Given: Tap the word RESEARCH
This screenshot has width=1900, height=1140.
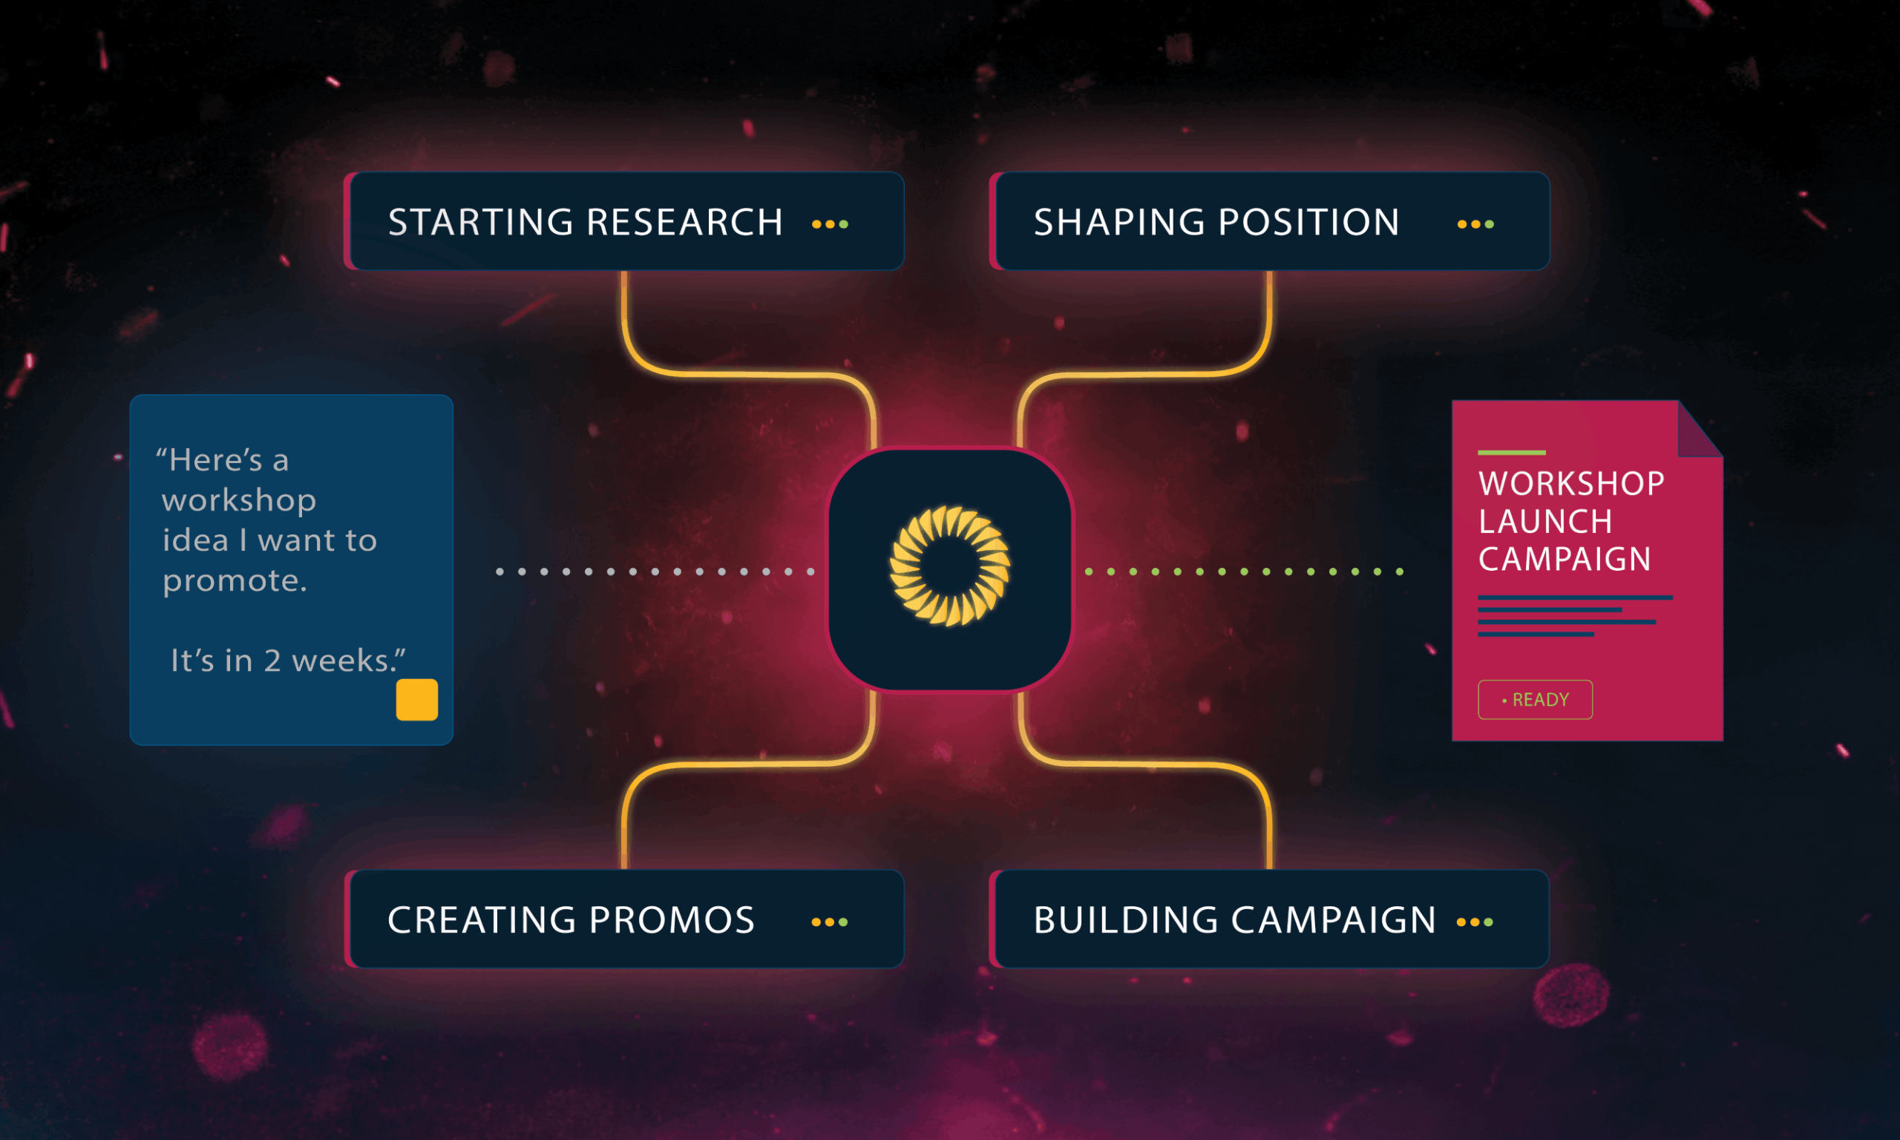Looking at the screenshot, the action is click(685, 222).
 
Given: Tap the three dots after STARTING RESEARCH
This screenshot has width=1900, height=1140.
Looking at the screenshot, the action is click(831, 224).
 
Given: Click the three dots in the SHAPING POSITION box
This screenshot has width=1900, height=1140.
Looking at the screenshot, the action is click(1475, 224).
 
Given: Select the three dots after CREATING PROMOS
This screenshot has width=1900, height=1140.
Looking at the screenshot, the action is click(830, 922).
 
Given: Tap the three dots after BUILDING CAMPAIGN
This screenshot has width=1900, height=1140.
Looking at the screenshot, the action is click(1475, 922).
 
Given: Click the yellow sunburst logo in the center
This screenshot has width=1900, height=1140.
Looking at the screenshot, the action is click(950, 566).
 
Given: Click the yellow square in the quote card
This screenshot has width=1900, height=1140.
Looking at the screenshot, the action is click(417, 699).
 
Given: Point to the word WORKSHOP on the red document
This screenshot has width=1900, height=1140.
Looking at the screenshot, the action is click(1571, 484).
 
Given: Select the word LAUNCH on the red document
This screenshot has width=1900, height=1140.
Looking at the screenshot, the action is click(1545, 522).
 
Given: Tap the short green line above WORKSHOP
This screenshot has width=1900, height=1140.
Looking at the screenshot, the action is click(1511, 453).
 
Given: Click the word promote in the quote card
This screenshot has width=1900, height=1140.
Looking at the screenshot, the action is click(235, 580).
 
